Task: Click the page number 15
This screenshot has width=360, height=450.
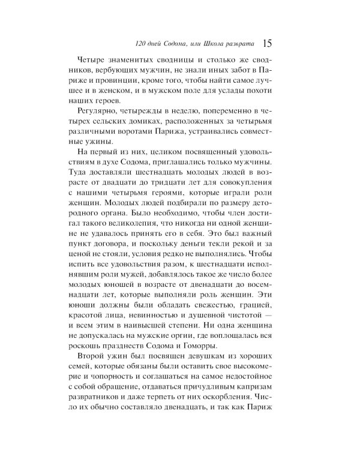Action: [x=268, y=43]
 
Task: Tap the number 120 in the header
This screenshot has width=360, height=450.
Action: [x=143, y=44]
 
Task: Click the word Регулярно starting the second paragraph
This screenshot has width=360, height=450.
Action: [x=100, y=112]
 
